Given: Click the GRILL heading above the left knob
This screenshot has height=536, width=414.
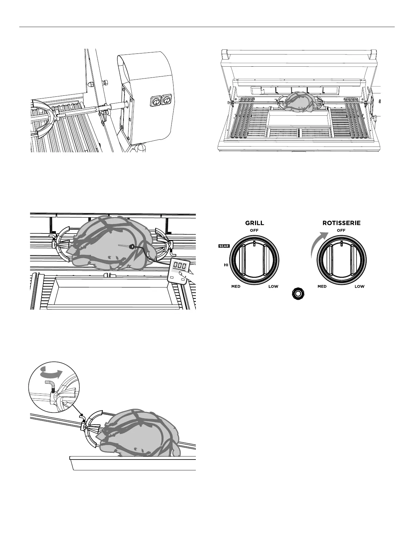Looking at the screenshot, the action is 254,223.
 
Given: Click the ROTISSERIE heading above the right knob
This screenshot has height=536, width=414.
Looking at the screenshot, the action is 341,223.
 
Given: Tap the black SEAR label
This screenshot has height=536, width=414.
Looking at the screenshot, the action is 224,246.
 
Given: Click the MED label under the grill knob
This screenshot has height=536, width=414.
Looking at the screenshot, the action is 236,287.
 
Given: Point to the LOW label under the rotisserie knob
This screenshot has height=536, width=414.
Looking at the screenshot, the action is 360,287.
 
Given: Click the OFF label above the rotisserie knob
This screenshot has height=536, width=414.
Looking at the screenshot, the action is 341,231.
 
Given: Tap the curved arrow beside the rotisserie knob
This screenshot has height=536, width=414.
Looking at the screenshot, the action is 317,243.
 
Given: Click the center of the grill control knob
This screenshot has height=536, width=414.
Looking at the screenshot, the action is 254,261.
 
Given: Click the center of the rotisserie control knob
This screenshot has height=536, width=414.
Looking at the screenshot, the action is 341,261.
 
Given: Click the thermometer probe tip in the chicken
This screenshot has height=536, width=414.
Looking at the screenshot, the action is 131,247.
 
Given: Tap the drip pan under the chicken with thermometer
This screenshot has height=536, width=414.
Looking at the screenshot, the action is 113,291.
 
